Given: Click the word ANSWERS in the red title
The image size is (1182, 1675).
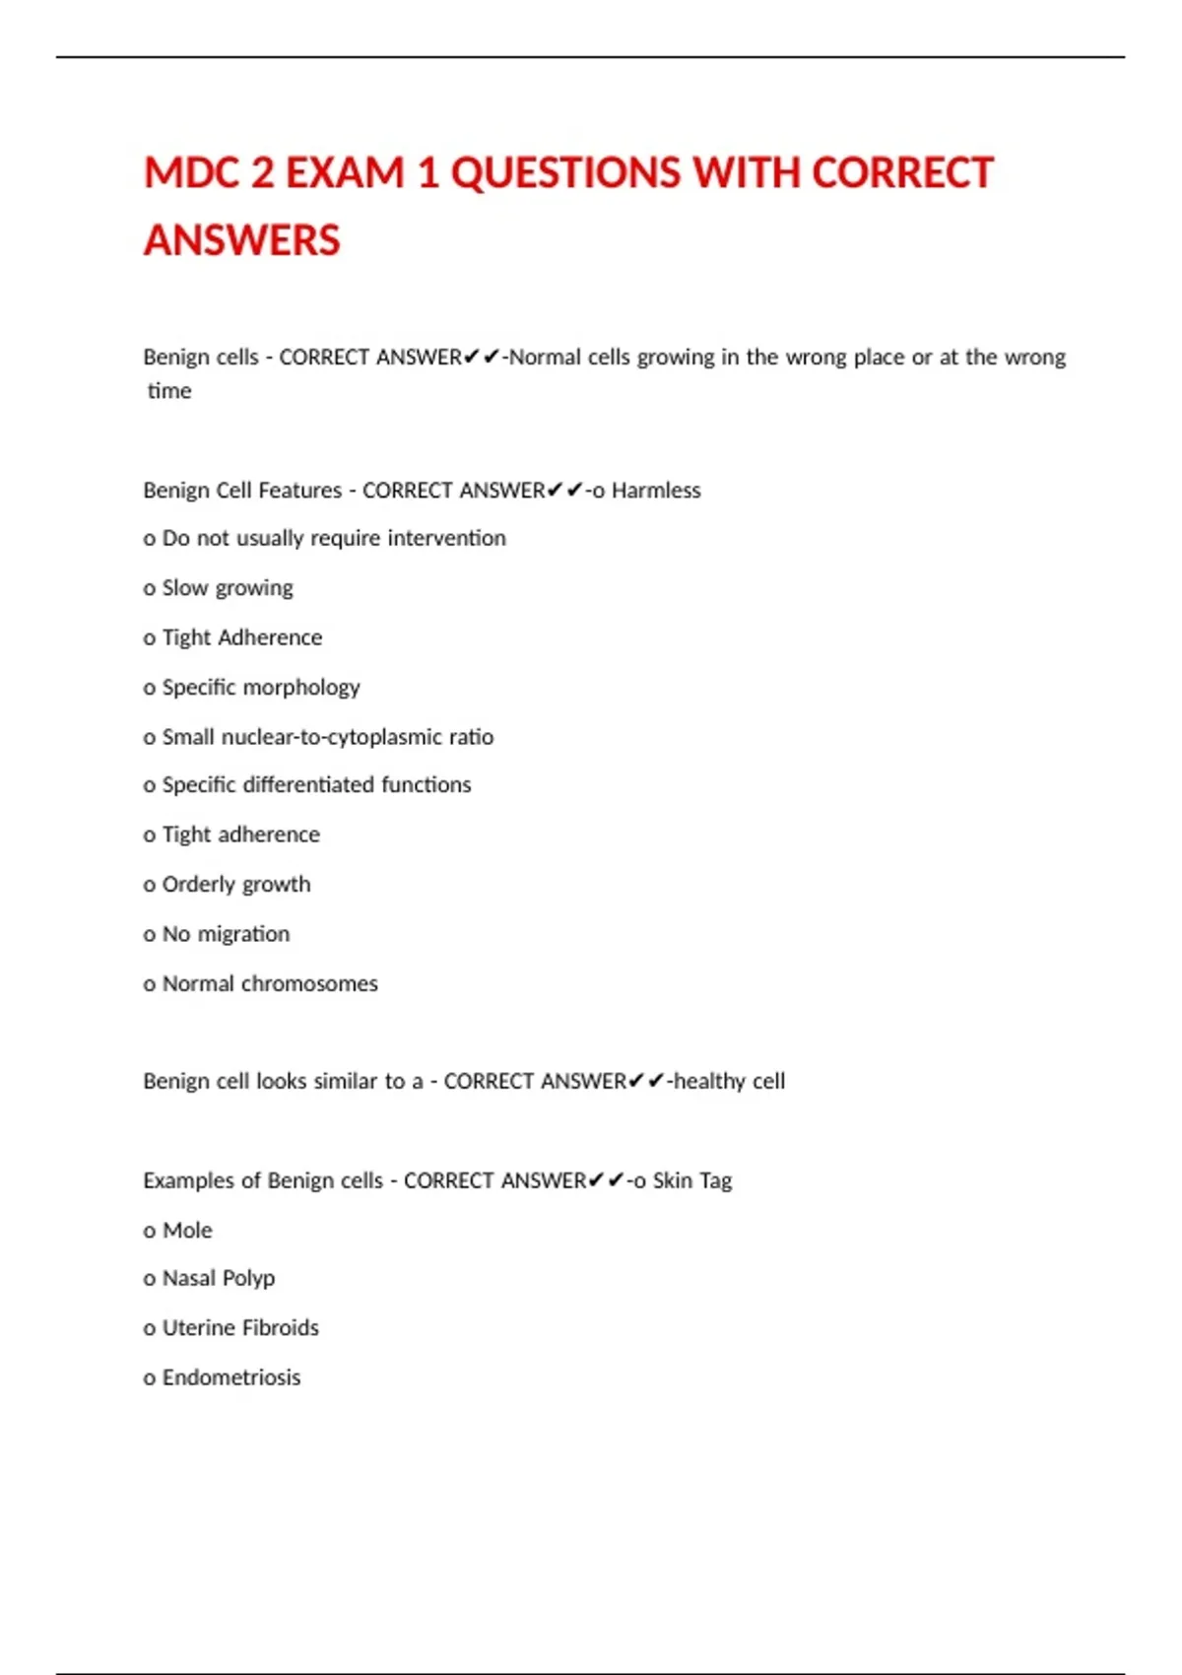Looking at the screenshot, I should pos(242,240).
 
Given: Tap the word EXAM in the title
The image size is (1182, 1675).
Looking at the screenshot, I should pos(344,173).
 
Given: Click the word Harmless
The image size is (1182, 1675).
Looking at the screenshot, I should pos(656,491).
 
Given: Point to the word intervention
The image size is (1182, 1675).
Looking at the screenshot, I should pos(446,538).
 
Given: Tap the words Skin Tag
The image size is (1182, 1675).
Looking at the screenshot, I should pos(692,1180).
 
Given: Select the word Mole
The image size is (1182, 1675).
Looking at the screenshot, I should pos(187,1231).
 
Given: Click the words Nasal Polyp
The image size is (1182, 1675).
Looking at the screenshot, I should pos(218,1279).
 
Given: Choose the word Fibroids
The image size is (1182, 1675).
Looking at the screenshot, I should pos(281,1328).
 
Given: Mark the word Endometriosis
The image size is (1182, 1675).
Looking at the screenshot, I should pos(231,1377).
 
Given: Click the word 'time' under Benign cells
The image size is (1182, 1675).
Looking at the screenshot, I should pos(169,391).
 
